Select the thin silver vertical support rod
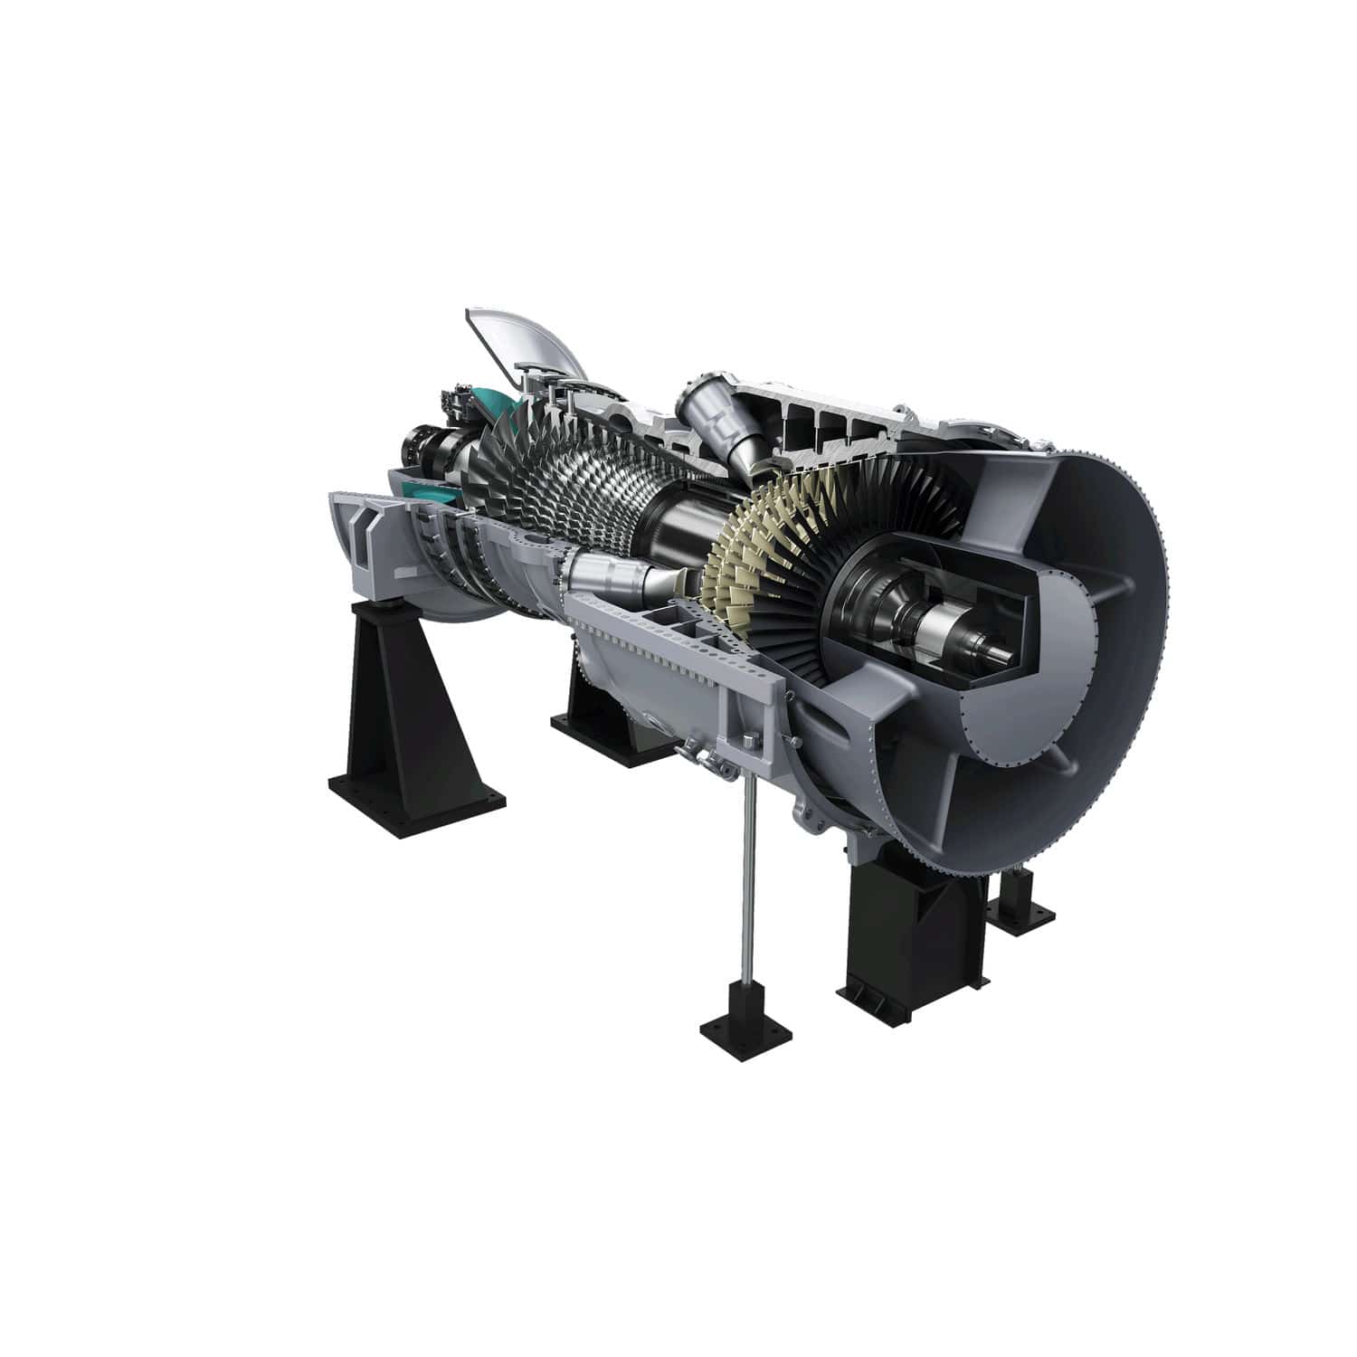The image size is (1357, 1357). pos(750,868)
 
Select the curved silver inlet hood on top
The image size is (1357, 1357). pos(525,344)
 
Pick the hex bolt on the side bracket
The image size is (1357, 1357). pos(748,742)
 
